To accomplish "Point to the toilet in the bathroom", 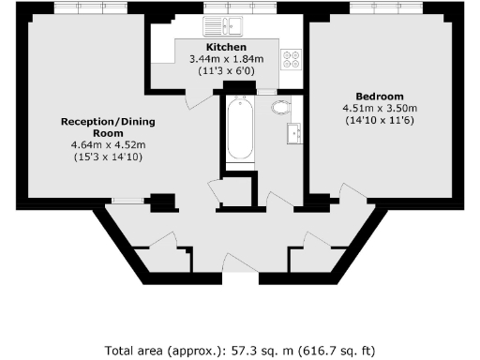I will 278,107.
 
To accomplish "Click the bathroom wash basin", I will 296,132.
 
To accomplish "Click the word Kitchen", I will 226,47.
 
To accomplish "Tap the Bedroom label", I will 380,96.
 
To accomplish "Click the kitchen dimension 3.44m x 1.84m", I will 226,58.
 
